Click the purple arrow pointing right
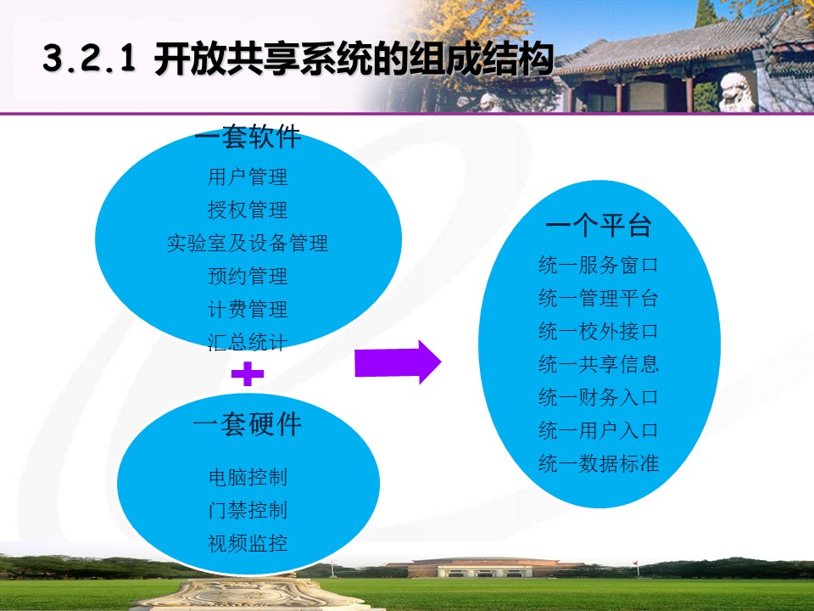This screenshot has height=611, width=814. coord(398,362)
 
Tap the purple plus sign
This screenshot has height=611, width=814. coord(248,373)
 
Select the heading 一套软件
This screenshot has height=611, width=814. coord(248,137)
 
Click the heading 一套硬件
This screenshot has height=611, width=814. coord(248,424)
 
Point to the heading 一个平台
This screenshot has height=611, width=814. coord(599,225)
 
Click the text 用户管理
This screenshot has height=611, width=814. coord(248,177)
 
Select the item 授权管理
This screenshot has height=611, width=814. coord(248,210)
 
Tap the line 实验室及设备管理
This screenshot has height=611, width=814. coord(248,244)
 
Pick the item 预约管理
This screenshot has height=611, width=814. coord(248,276)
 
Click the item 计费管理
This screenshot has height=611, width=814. coord(248,309)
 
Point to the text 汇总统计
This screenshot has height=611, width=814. coord(248,342)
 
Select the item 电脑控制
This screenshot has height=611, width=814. coord(248,477)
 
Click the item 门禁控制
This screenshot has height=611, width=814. coord(248,510)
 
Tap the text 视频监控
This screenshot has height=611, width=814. coord(248,543)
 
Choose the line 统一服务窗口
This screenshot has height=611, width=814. coord(599,265)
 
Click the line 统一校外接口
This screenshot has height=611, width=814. coord(599,331)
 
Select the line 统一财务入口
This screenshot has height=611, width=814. coord(599,397)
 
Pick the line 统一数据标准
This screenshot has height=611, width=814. coord(599,463)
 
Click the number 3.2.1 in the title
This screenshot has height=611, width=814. coord(89,59)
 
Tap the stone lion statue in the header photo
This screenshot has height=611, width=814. coord(736,92)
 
